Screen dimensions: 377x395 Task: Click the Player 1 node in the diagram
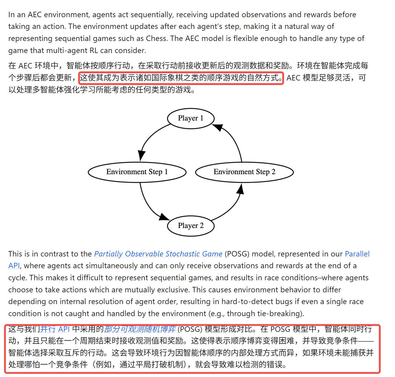point(191,118)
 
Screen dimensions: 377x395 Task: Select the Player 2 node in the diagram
point(191,226)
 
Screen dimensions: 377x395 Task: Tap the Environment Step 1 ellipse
point(137,172)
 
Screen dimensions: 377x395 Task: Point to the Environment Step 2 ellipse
point(244,172)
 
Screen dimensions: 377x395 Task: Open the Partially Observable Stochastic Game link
point(158,254)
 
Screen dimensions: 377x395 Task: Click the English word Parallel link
point(357,254)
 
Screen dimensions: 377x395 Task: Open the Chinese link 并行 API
point(55,329)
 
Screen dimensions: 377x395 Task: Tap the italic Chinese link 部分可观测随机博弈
point(140,329)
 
